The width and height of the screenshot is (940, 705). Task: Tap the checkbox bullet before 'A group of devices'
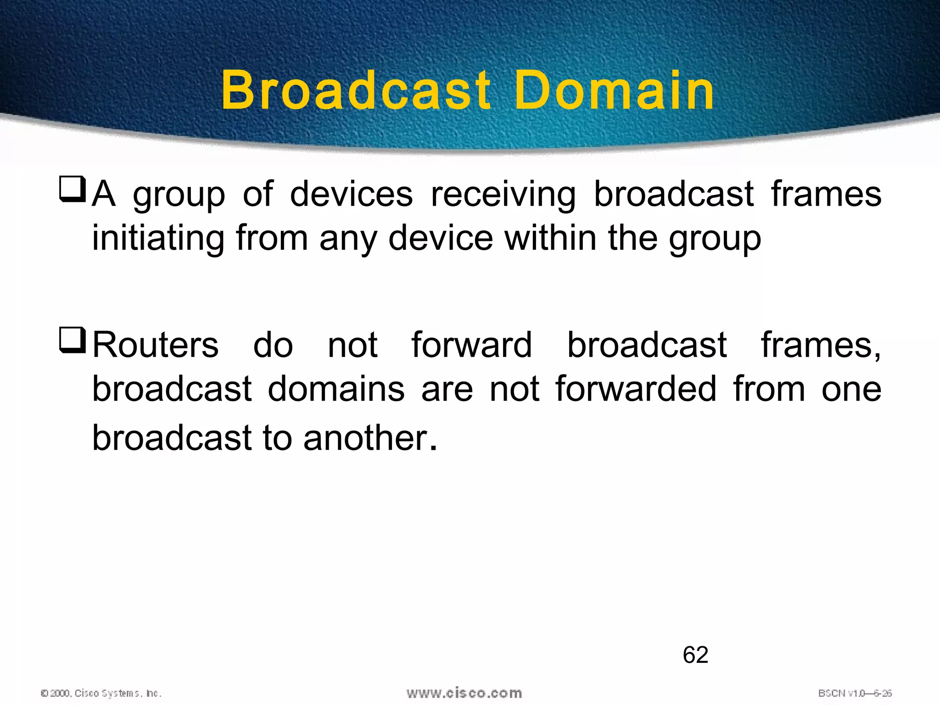click(73, 189)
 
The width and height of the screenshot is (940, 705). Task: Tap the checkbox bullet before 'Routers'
click(73, 340)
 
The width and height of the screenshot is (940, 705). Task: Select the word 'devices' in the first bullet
click(352, 194)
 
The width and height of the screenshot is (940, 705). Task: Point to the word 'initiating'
click(158, 239)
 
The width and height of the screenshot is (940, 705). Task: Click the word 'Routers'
click(156, 345)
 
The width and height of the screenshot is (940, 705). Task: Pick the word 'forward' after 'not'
click(472, 345)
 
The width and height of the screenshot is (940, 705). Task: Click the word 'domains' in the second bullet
click(336, 389)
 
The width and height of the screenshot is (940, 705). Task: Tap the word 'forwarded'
click(636, 389)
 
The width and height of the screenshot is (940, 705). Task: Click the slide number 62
click(695, 655)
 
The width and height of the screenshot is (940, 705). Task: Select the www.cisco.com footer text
click(464, 693)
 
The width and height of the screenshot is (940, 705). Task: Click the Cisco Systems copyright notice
click(101, 693)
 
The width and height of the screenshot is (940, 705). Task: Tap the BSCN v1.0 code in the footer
click(855, 693)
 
